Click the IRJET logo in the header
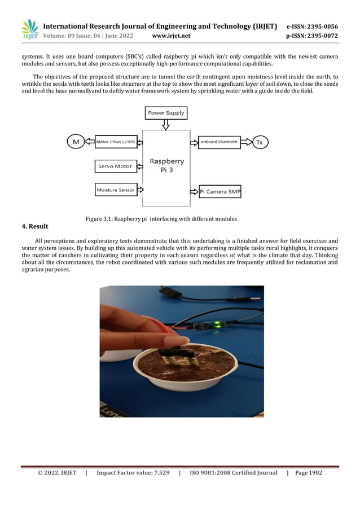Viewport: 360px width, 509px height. (29, 30)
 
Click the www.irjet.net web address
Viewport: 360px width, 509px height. (172, 36)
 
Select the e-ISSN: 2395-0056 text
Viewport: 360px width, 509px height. (313, 26)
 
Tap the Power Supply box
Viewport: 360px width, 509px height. (166, 113)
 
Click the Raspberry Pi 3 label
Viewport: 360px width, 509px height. (166, 165)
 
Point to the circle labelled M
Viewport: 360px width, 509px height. (76, 142)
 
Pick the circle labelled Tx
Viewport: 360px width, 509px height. (260, 142)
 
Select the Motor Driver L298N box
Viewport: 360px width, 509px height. (116, 142)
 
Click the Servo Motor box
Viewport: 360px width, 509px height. (116, 166)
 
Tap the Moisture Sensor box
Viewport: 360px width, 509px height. (116, 190)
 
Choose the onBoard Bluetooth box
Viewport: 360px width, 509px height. (219, 142)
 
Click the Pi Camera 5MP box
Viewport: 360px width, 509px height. (220, 192)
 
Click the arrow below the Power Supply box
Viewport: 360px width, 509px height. (166, 124)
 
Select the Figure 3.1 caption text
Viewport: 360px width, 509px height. (161, 218)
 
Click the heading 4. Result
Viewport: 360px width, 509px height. (35, 227)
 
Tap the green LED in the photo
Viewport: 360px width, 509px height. (217, 324)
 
